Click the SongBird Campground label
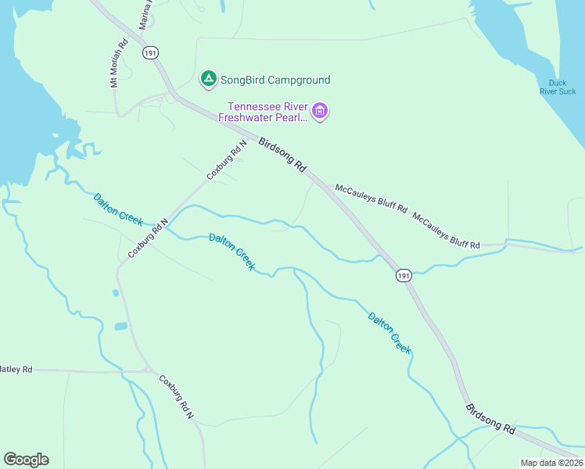click(x=275, y=80)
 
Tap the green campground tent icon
click(x=208, y=79)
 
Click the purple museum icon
click(x=319, y=111)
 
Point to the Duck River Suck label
click(x=557, y=87)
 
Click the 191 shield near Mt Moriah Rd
click(x=151, y=52)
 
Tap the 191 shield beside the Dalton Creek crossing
click(x=403, y=276)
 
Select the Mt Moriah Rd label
click(x=119, y=64)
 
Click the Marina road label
click(x=145, y=16)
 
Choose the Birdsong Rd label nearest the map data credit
click(x=490, y=419)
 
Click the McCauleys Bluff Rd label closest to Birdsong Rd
click(x=371, y=199)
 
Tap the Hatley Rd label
click(x=16, y=369)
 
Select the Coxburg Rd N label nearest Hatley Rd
click(x=177, y=398)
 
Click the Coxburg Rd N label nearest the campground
click(x=227, y=159)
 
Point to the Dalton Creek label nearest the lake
click(x=118, y=210)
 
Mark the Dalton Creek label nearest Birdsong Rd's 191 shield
click(x=389, y=333)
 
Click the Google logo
click(x=26, y=460)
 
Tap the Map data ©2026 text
click(x=552, y=463)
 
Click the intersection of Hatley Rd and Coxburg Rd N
click(x=150, y=371)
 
